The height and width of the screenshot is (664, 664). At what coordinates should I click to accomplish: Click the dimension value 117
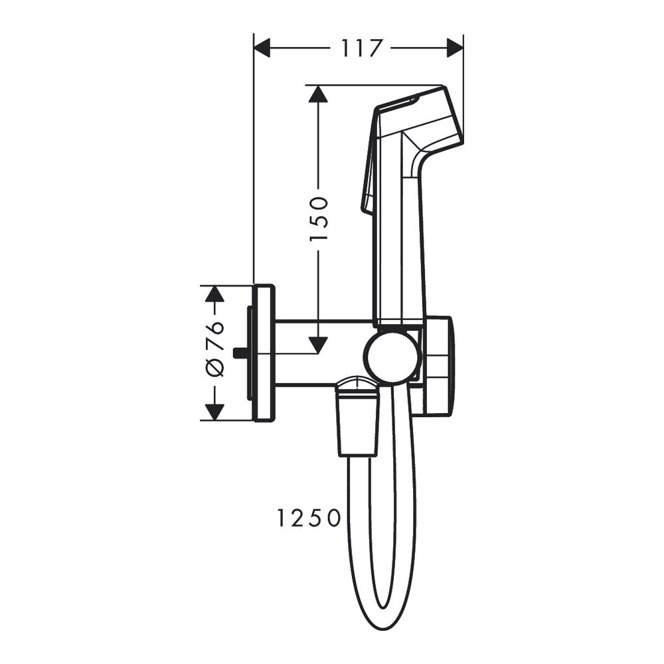362,48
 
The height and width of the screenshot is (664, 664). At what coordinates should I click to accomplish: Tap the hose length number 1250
309,518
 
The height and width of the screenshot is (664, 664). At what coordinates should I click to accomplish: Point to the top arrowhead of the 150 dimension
319,94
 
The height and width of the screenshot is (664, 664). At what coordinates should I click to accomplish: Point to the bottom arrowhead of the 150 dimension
319,345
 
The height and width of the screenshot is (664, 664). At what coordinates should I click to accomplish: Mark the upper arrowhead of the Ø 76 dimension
213,294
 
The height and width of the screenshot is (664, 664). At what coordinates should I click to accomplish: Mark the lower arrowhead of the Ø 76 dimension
213,412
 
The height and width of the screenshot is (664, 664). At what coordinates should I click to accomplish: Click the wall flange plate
264,353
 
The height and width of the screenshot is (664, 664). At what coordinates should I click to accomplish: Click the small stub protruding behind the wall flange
240,353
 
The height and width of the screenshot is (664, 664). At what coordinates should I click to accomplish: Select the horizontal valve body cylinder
319,353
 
